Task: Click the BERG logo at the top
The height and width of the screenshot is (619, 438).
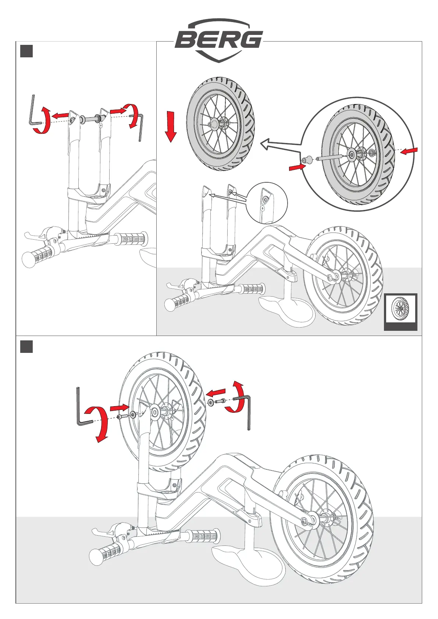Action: tap(219, 40)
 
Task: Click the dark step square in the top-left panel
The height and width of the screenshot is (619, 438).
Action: tap(26, 51)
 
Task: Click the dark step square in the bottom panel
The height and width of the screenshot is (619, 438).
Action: tap(26, 347)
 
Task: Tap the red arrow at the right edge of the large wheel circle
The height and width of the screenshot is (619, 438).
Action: tap(409, 151)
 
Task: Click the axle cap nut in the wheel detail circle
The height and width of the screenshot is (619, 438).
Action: tap(306, 160)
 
